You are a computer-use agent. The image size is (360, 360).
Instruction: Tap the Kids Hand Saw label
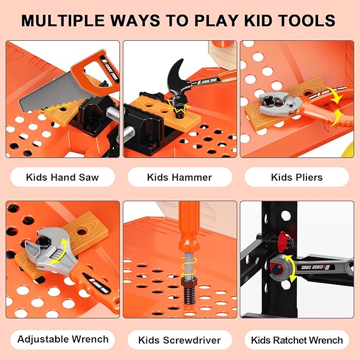pyautogui.click(x=63, y=177)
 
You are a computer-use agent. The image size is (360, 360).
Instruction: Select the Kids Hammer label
pyautogui.click(x=180, y=177)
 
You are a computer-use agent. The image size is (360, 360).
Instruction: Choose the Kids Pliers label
pyautogui.click(x=296, y=177)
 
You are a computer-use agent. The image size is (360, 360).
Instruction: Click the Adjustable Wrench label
pyautogui.click(x=63, y=339)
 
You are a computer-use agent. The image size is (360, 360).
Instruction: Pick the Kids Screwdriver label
pyautogui.click(x=180, y=340)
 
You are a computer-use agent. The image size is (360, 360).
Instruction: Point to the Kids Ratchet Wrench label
pyautogui.click(x=297, y=340)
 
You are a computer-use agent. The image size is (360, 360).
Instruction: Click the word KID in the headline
pyautogui.click(x=260, y=20)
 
